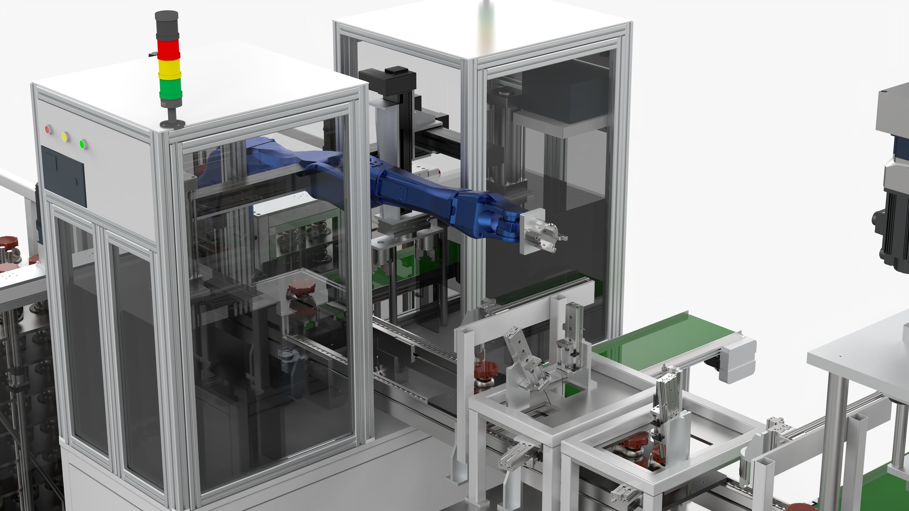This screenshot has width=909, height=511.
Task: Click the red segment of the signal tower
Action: click(x=168, y=50)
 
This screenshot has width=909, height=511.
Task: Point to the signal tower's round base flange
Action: click(x=173, y=123)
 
